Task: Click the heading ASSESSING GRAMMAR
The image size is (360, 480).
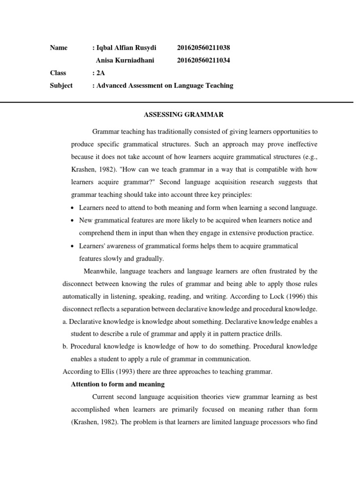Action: [180, 115]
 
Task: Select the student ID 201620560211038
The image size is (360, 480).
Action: [203, 48]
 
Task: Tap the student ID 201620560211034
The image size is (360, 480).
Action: [203, 60]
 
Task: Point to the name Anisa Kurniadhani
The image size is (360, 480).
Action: [125, 60]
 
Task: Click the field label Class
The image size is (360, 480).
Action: [58, 73]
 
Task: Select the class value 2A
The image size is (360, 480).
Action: [101, 73]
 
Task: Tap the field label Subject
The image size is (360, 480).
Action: [61, 85]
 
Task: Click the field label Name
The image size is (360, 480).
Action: [59, 48]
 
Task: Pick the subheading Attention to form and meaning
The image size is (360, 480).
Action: [117, 384]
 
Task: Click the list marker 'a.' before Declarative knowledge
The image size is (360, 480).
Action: [65, 322]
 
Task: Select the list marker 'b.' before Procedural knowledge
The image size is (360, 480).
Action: [65, 347]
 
